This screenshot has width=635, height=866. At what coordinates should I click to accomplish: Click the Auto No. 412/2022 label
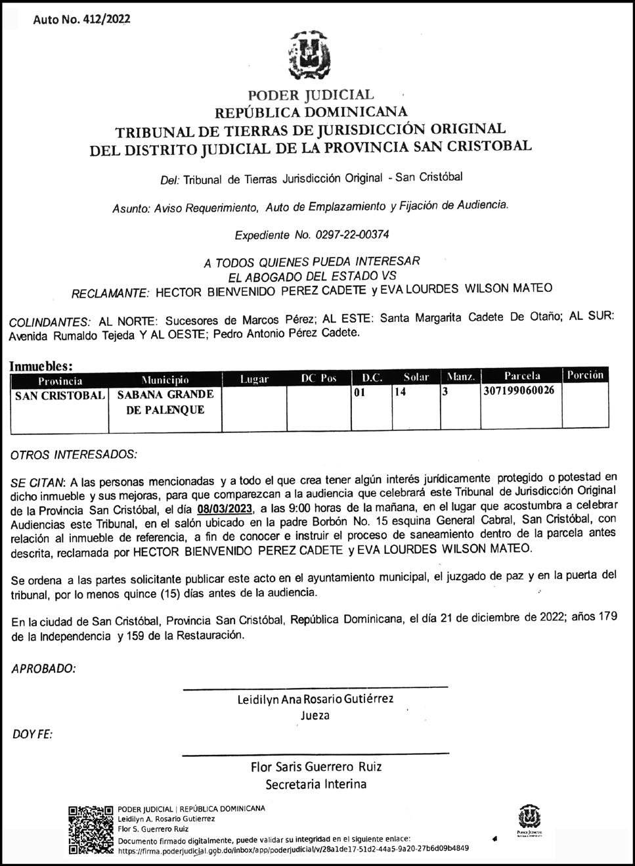[x=81, y=19]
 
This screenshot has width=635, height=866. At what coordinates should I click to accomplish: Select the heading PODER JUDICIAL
[x=311, y=96]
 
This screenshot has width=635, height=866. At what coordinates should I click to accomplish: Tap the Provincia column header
[x=60, y=379]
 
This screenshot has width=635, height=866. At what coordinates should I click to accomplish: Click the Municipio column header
[x=165, y=379]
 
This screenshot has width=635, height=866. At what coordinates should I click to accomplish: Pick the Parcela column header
[x=522, y=376]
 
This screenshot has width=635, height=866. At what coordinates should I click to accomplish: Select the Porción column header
[x=584, y=375]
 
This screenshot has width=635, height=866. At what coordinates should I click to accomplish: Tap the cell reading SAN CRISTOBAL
[x=60, y=396]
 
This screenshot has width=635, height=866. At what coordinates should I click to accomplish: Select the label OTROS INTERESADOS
[x=75, y=454]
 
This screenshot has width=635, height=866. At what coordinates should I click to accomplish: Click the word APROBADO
[x=44, y=669]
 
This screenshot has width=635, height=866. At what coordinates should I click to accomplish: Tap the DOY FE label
[x=33, y=733]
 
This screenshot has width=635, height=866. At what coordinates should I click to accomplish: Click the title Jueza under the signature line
[x=315, y=716]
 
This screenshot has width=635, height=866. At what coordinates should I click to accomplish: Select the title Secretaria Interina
[x=316, y=784]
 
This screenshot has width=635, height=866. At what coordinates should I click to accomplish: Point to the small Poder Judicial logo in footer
[x=529, y=821]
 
